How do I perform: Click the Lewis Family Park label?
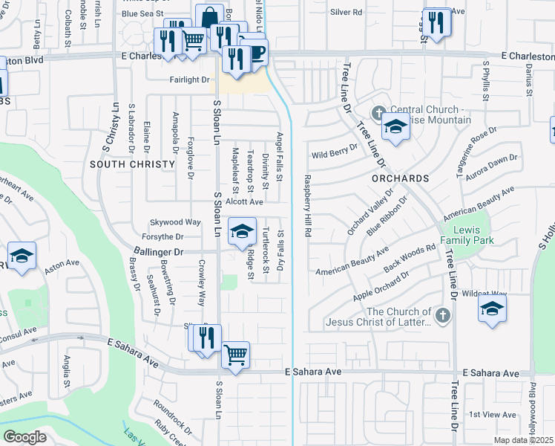pyautogui.click(x=465, y=233)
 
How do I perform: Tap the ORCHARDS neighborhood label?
pyautogui.click(x=401, y=178)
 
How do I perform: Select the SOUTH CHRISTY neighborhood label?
pyautogui.click(x=120, y=164)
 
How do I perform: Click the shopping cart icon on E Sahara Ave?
pyautogui.click(x=236, y=355)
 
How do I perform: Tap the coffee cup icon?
pyautogui.click(x=255, y=51)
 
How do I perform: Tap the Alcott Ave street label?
pyautogui.click(x=245, y=201)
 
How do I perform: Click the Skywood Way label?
pyautogui.click(x=176, y=222)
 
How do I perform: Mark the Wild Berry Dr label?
pyautogui.click(x=329, y=155)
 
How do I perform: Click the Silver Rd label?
pyautogui.click(x=347, y=13)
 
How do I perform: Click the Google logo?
pyautogui.click(x=24, y=437)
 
